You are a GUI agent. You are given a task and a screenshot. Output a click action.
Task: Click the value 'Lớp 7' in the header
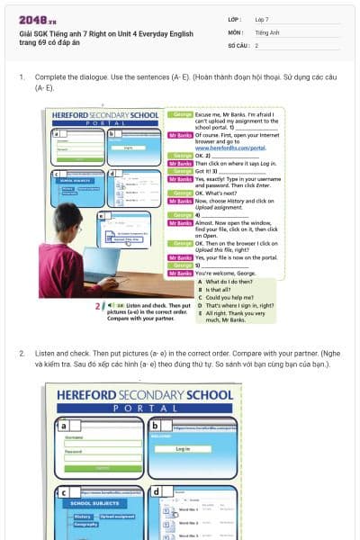click(x=262, y=19)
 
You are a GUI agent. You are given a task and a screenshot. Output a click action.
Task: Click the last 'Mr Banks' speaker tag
click(x=180, y=273)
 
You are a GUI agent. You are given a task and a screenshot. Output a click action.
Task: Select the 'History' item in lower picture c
click(x=83, y=516)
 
